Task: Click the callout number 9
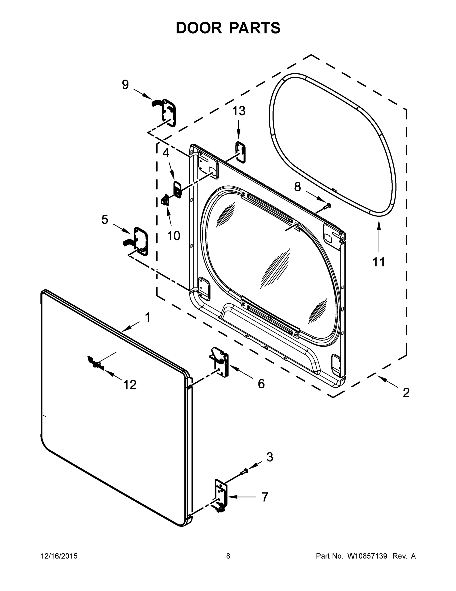coord(125,85)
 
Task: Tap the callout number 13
coord(239,111)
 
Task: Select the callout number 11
coord(379,262)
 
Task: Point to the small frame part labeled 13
coord(241,152)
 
